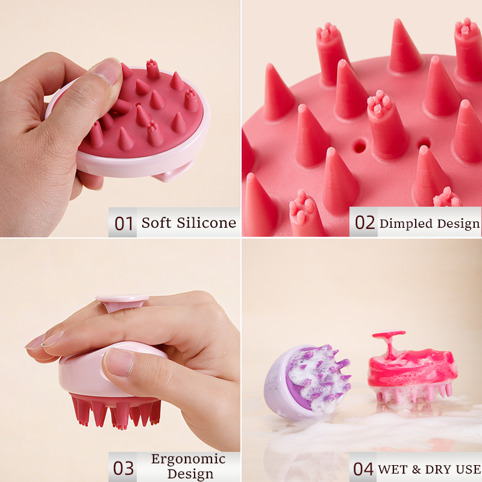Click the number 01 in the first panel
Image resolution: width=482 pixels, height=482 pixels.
[124, 223]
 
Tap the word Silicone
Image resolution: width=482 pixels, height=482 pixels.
[206, 222]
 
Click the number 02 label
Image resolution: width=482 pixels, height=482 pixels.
[365, 222]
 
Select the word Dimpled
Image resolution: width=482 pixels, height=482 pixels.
[406, 224]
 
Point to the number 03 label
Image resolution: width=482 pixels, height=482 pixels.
[124, 468]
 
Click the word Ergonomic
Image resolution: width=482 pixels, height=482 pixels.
[189, 459]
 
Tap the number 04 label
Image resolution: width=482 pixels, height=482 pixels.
[363, 469]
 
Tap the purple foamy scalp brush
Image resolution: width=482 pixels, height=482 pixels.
[307, 381]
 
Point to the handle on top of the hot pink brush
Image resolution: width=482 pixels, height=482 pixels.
[389, 340]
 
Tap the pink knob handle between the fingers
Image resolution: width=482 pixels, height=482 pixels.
[122, 302]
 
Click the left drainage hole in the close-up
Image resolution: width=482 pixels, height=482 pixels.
[359, 147]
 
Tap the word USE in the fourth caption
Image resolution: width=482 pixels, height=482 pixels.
[469, 469]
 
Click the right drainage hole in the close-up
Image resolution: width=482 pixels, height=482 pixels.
[424, 143]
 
